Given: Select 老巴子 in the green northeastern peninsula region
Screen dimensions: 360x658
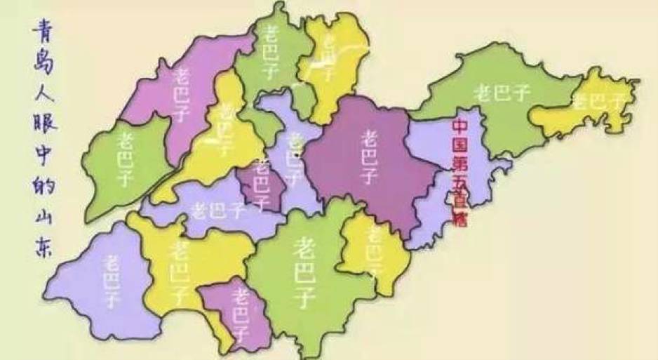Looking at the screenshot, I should (501, 92).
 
